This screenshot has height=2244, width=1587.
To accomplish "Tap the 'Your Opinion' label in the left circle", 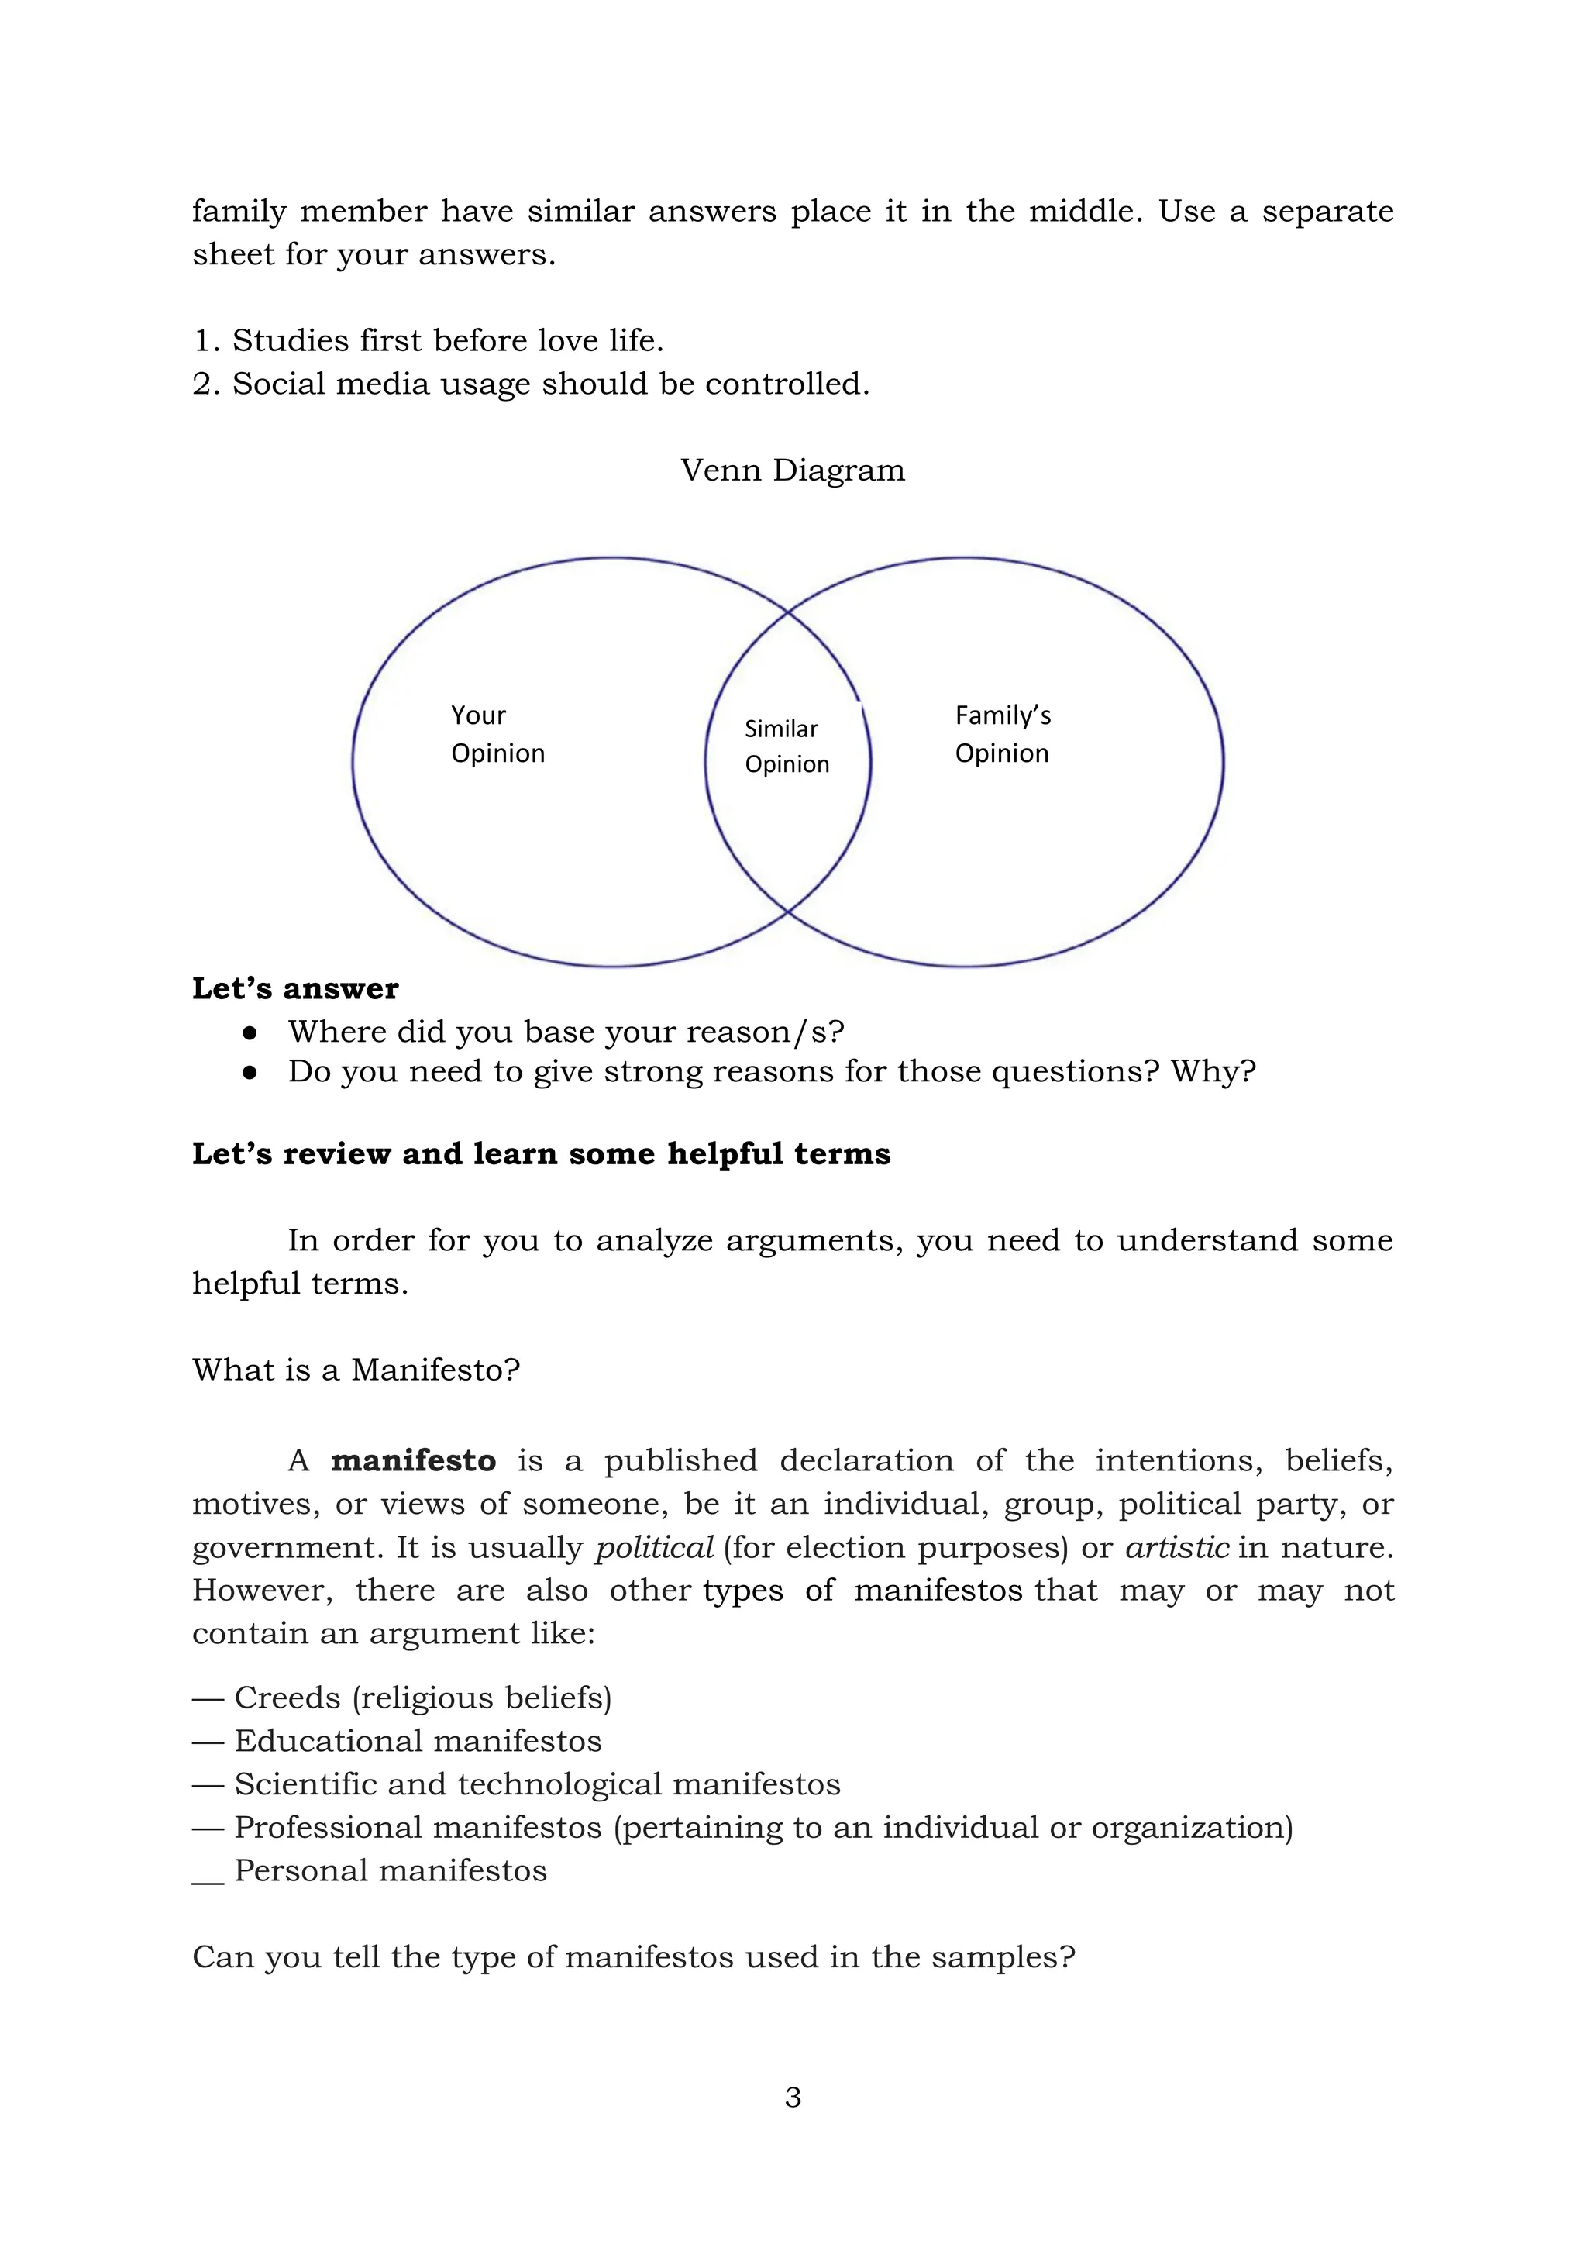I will pos(497,734).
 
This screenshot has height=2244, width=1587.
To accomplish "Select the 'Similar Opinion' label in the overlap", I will pos(787,746).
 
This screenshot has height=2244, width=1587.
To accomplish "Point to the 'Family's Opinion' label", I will pos(1003,734).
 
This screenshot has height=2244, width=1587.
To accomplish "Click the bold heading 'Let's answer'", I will pos(295,988).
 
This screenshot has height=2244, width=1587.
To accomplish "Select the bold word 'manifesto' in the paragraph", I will pos(413,1460).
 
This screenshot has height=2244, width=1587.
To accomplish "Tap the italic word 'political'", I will pos(654,1547).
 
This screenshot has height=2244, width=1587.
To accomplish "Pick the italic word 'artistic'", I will pos(1176,1547).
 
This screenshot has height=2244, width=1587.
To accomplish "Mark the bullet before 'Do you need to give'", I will pos(250,1072).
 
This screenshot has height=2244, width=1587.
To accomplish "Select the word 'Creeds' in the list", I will pos(287,1698).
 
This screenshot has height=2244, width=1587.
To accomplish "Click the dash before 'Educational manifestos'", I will pos(208,1742).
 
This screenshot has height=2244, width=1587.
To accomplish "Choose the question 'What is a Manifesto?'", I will pos(356,1370).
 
